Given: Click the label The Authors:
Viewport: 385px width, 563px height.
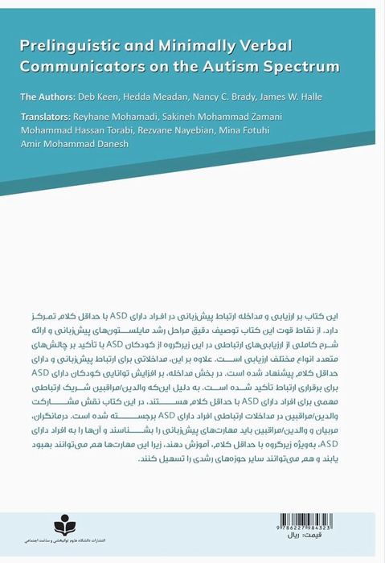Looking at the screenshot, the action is tap(52, 96).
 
